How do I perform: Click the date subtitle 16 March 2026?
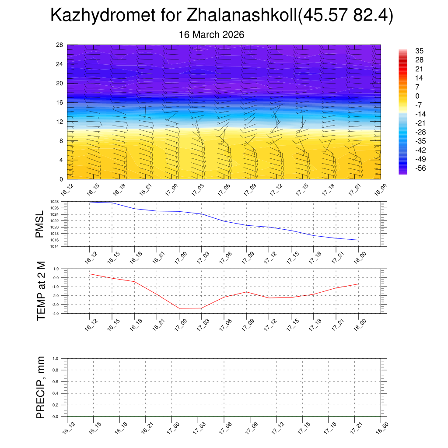pyautogui.click(x=212, y=35)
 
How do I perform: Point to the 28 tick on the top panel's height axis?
pyautogui.click(x=60, y=45)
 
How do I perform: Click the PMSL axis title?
pyautogui.click(x=40, y=224)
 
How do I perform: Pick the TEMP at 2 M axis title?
pyautogui.click(x=41, y=290)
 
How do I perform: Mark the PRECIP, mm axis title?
pyautogui.click(x=41, y=387)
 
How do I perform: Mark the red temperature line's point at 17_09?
pyautogui.click(x=246, y=292)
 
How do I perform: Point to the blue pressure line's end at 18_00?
pyautogui.click(x=359, y=240)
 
